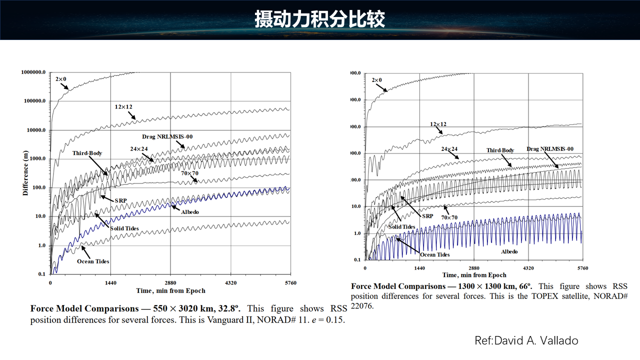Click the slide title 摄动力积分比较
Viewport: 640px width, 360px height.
click(319, 19)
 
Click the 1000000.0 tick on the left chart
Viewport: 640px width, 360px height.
click(33, 72)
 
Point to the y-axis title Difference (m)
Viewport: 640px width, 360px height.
click(25, 173)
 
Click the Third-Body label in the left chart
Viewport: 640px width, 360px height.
click(87, 153)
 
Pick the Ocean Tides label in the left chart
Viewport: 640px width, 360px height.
click(93, 261)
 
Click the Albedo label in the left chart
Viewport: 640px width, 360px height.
click(189, 212)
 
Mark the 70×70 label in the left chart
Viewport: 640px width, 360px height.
click(189, 173)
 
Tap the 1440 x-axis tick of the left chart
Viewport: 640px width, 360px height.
click(110, 283)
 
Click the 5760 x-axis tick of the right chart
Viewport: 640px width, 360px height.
click(582, 268)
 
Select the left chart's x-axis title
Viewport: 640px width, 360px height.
click(170, 290)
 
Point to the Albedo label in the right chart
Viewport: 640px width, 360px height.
click(509, 251)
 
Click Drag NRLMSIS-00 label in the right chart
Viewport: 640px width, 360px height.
click(550, 149)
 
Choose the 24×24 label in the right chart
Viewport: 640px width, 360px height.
click(449, 149)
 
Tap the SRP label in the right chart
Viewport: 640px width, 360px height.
click(427, 216)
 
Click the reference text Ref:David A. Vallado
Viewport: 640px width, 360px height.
click(526, 341)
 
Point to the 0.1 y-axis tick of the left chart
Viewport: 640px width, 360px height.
click(42, 274)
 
